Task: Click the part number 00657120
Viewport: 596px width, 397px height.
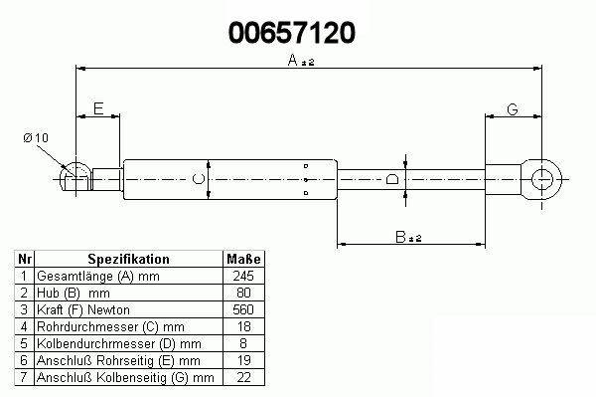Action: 292,33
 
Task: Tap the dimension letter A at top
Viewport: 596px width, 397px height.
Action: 292,60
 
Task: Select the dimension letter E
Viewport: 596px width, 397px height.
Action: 98,108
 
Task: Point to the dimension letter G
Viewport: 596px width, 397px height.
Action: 513,109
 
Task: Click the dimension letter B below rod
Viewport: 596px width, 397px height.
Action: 400,237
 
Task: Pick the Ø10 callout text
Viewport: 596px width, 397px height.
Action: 36,137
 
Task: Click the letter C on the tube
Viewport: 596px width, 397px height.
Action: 198,179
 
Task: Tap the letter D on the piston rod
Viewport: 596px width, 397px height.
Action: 392,179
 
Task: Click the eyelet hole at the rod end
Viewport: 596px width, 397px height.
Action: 541,179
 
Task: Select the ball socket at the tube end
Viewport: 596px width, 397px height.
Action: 76,178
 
